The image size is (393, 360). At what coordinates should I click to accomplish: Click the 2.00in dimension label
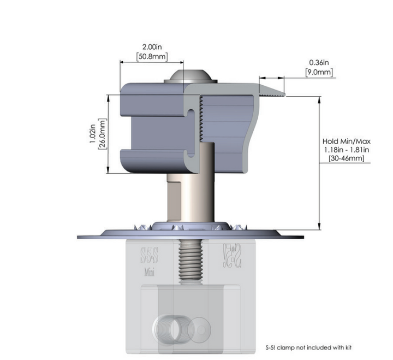click(152, 47)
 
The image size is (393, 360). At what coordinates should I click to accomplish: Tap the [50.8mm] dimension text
click(152, 56)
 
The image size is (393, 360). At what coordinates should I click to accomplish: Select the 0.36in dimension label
click(319, 62)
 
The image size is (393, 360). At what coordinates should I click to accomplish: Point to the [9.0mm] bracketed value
click(319, 72)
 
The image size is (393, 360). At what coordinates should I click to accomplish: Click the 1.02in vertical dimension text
click(92, 134)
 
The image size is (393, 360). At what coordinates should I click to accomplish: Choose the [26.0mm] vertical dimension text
click(102, 134)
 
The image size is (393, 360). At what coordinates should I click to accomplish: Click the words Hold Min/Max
click(347, 141)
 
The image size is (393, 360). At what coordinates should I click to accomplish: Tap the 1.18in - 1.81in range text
click(347, 150)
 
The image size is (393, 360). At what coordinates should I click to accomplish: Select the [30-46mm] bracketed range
click(347, 158)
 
